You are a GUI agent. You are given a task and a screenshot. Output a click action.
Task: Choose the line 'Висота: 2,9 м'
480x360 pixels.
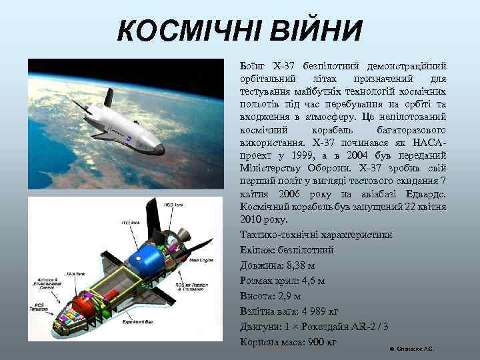tap(270, 296)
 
